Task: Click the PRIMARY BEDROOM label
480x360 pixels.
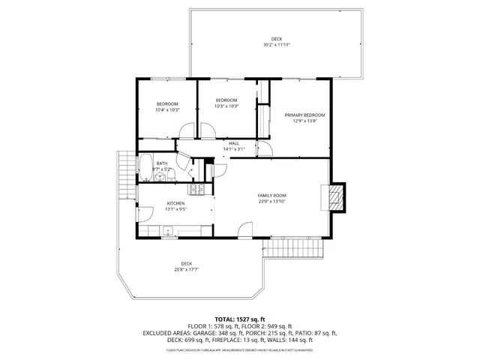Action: pos(299,115)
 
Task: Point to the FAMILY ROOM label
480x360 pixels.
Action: pos(272,196)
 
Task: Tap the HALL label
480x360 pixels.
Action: pos(234,143)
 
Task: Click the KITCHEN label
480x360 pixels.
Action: pos(175,203)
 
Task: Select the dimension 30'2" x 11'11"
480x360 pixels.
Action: pos(277,45)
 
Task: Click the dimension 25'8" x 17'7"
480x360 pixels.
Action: pos(186,269)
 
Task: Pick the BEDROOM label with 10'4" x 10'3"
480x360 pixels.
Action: pos(167,103)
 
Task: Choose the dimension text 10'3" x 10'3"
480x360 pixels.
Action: pos(226,106)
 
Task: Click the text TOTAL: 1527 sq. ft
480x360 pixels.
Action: pos(239,319)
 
